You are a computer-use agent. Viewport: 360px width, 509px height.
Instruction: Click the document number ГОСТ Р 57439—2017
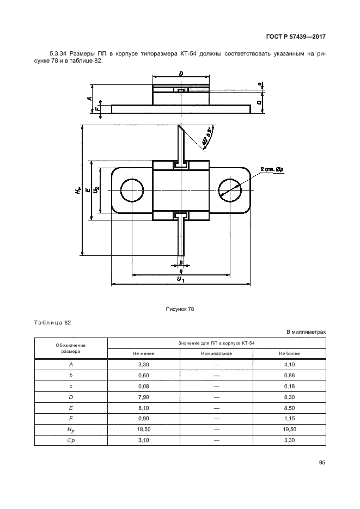pos(296,36)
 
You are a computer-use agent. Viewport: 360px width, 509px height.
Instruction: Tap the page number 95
pos(322,463)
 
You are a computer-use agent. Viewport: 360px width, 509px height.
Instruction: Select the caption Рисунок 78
pos(180,309)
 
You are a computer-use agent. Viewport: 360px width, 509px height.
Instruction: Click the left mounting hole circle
pos(132,190)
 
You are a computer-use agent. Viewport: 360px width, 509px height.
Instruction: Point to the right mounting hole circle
pos(230,190)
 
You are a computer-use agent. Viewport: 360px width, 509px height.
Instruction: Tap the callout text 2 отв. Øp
pos(272,169)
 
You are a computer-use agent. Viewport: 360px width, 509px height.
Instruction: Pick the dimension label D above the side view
pos(181,73)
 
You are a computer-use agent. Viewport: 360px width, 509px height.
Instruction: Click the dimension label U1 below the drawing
pos(181,279)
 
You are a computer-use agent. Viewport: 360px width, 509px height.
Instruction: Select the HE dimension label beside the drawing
pos(77,190)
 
